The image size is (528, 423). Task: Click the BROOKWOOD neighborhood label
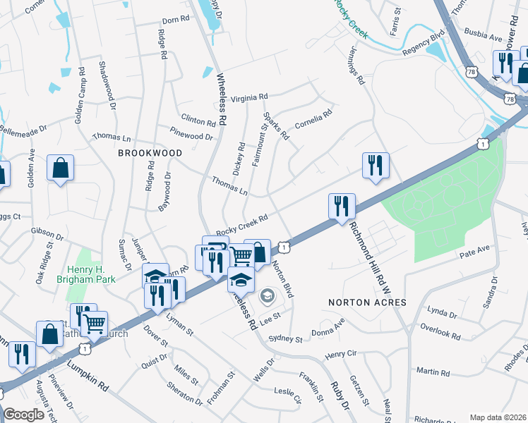tap(150, 152)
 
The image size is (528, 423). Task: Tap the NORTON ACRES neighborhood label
tap(367, 302)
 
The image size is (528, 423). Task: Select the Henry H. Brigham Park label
tap(95, 275)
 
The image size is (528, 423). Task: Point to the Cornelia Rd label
tap(313, 117)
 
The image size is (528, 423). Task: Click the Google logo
tap(23, 415)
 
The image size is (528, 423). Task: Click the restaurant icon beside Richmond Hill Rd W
tap(342, 206)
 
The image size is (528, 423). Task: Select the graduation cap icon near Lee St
tap(241, 279)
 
